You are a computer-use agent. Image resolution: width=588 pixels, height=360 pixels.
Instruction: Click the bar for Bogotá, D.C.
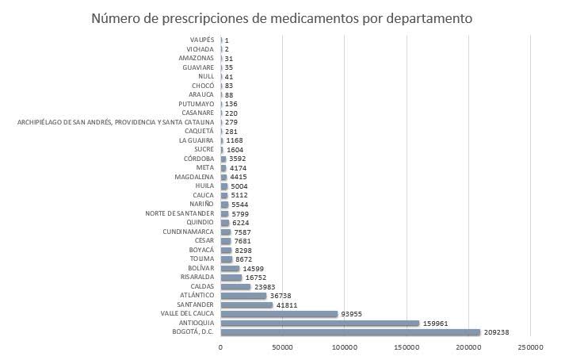point(350,332)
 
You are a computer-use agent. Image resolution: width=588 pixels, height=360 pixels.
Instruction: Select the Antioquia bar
point(319,323)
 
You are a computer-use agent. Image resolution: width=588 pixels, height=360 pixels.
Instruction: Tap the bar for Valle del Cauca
point(279,314)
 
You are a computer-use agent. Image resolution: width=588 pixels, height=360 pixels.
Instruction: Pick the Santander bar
point(246,304)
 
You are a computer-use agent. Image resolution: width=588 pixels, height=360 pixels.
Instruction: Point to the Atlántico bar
point(243,295)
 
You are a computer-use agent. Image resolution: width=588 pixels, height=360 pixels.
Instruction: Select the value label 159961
point(438,323)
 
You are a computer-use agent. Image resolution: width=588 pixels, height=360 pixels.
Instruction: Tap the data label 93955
point(355,314)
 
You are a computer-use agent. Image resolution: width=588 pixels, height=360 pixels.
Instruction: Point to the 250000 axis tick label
point(530,347)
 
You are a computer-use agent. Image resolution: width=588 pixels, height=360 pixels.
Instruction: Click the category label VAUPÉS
point(202,40)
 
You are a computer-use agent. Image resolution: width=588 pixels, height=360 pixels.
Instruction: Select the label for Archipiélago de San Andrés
point(116,122)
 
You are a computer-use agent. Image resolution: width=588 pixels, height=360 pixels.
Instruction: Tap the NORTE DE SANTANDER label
point(180,213)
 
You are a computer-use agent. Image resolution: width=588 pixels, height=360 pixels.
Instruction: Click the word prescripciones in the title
point(201,17)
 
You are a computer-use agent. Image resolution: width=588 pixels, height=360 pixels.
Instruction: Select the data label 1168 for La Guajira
point(235,140)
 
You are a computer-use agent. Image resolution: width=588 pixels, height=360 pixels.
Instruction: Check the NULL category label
point(206,76)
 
